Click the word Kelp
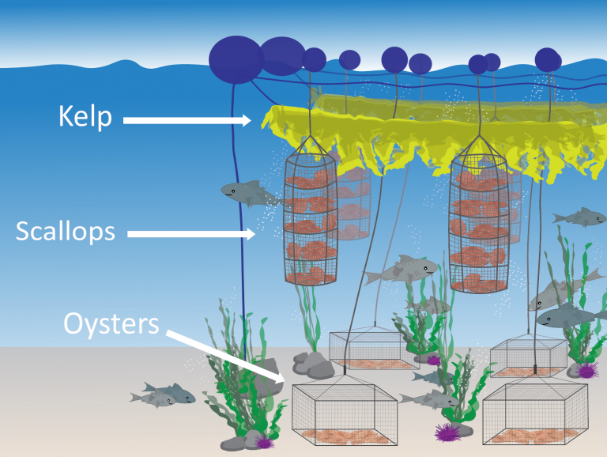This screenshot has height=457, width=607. point(85,118)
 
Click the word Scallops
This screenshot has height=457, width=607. point(65,232)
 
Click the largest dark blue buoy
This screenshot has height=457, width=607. point(234,58)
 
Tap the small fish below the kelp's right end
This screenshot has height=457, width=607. point(579,216)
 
